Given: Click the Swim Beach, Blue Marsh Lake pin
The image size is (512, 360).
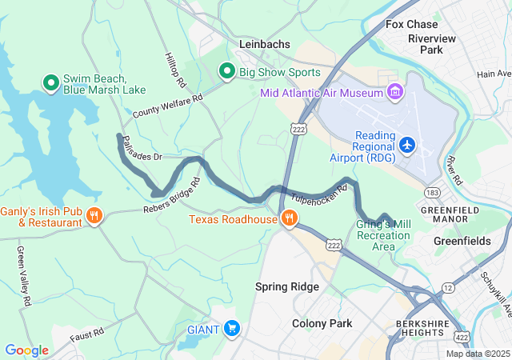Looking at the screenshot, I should pos(50,82).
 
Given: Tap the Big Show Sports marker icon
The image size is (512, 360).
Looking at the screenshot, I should pos(226,72).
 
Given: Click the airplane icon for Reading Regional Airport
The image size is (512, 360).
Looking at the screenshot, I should pos(407,145).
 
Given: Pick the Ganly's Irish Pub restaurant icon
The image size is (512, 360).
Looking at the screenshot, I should pos(94,214).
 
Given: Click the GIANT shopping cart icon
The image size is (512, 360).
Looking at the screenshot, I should pos(232,328).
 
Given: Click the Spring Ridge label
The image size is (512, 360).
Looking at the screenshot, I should pos(287,286).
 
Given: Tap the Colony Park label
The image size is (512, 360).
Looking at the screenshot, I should pos(322,323).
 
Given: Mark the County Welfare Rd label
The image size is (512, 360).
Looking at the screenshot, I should pos(168,106).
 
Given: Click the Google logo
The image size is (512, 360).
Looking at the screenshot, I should pos(26,350).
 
